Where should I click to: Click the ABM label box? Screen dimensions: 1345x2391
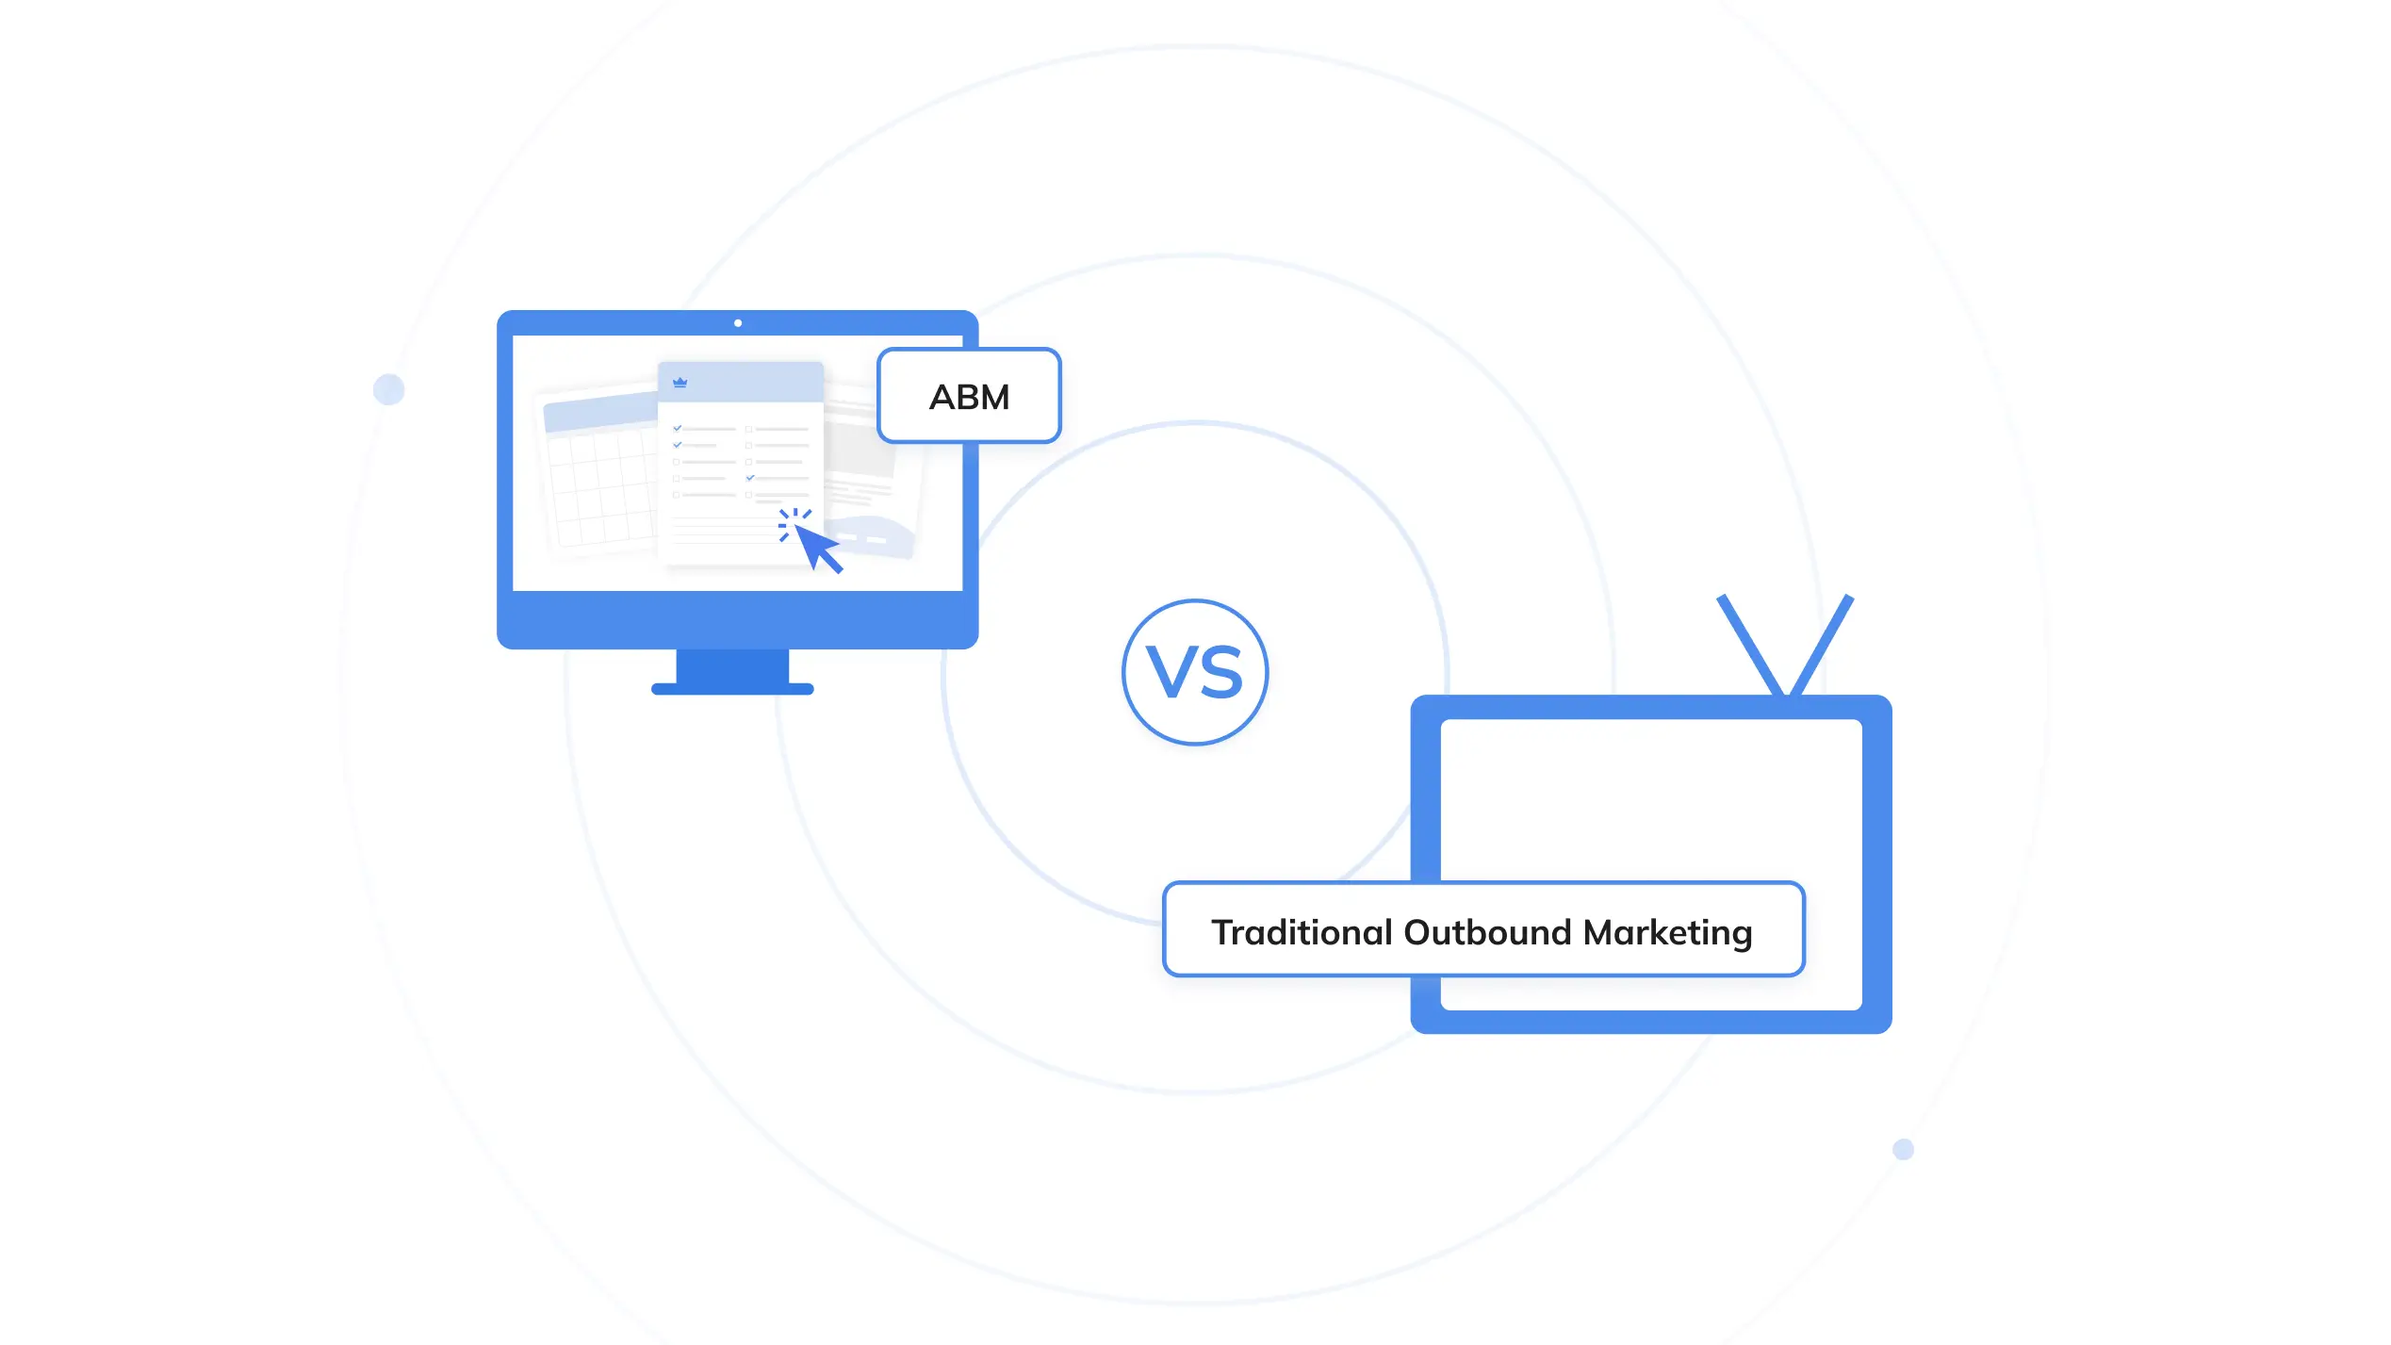(x=969, y=396)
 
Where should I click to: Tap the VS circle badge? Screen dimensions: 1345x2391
(x=1195, y=672)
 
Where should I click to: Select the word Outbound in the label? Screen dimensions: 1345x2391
(x=1487, y=932)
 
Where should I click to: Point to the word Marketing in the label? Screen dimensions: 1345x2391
(x=1667, y=932)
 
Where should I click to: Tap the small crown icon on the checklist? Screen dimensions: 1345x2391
(x=680, y=382)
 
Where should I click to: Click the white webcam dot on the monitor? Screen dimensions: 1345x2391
(x=738, y=323)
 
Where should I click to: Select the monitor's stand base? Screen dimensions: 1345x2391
(x=732, y=689)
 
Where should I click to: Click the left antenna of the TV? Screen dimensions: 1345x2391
(x=1749, y=646)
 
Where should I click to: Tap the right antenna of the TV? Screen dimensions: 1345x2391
(x=1822, y=646)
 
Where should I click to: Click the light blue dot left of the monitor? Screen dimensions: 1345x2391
(x=388, y=389)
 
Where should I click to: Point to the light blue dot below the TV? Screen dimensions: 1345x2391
(x=1903, y=1149)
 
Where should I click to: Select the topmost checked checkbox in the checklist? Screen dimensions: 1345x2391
(x=677, y=428)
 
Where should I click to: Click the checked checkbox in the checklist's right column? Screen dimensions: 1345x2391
(x=750, y=478)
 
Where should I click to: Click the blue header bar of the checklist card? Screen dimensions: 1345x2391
(x=741, y=383)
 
